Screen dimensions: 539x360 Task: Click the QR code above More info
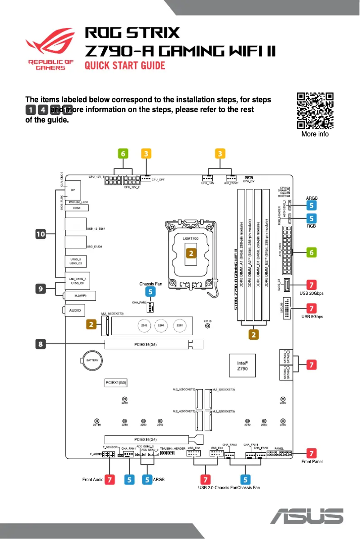pos(315,111)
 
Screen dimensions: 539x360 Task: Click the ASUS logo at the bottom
pos(310,516)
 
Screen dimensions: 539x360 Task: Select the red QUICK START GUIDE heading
pos(125,66)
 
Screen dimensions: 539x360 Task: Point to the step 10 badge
pos(41,234)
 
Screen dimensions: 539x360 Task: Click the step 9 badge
pos(41,289)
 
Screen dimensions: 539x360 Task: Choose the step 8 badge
pos(41,344)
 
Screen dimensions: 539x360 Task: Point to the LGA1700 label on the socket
pos(191,238)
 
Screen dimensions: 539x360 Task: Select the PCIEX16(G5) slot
pos(146,345)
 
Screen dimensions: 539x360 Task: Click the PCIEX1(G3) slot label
pos(116,383)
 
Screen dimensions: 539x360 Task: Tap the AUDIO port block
pos(74,310)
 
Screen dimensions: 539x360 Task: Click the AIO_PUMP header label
pos(231,183)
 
